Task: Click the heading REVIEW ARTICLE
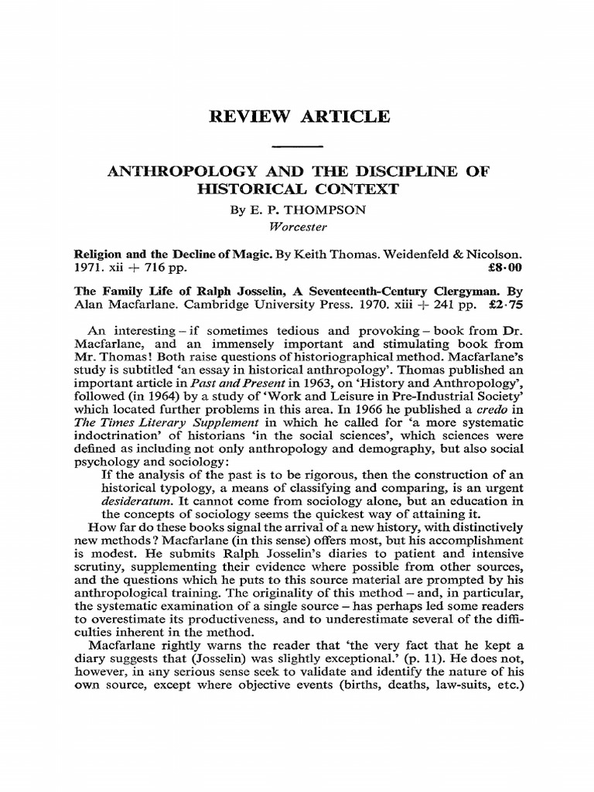tap(297, 117)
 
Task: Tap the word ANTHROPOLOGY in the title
tap(176, 171)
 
